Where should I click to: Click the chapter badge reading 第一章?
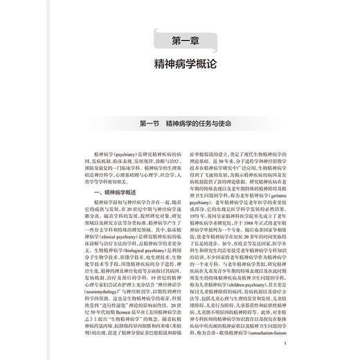tap(180, 39)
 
